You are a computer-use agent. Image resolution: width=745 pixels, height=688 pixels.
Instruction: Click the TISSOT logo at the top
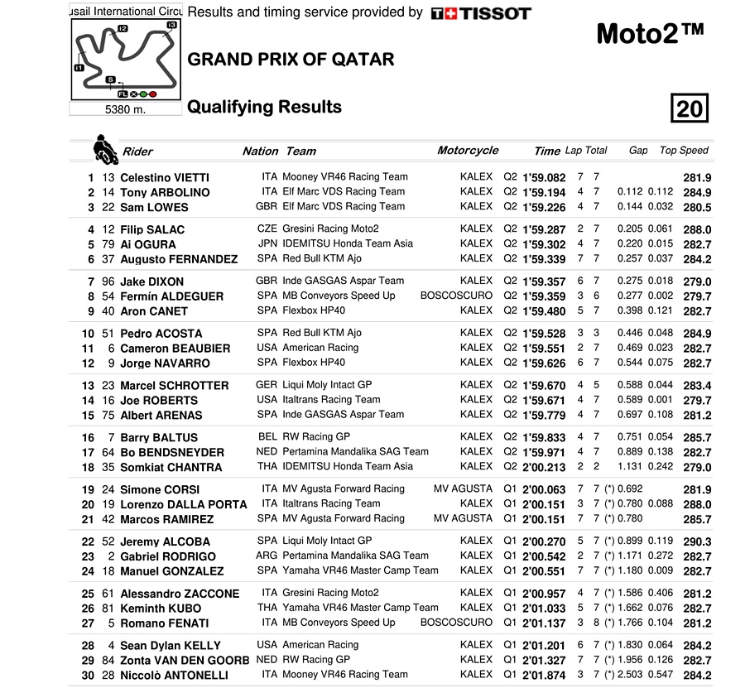[x=481, y=13]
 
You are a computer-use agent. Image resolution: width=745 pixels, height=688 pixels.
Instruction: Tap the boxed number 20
[x=689, y=108]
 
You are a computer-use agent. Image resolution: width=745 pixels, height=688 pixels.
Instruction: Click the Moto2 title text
[x=650, y=34]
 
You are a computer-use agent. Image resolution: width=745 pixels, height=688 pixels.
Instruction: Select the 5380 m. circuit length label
[x=125, y=109]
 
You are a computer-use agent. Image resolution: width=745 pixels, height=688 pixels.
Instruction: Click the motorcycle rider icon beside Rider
[x=104, y=149]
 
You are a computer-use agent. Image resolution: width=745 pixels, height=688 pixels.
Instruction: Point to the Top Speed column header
[x=684, y=151]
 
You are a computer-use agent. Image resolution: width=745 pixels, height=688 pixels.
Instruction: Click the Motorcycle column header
[x=468, y=151]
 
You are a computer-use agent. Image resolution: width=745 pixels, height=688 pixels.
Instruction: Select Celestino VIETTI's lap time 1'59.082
[x=544, y=177]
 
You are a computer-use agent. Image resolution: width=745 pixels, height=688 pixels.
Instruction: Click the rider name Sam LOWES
[x=154, y=207]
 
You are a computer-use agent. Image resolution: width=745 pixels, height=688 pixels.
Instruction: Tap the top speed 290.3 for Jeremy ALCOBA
[x=697, y=541]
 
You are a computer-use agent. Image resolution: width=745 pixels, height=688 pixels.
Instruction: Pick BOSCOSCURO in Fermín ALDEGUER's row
[x=456, y=296]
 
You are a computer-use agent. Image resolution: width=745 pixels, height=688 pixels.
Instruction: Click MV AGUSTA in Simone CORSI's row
[x=463, y=488]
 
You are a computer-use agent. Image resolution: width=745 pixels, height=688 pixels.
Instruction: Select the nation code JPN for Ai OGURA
[x=267, y=244]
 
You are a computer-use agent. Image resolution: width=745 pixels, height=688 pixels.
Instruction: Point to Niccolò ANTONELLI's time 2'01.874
[x=544, y=675]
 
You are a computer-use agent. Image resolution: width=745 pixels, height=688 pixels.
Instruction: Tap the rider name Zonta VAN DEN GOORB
[x=184, y=660]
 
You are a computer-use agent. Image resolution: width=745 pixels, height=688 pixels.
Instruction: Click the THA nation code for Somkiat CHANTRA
[x=267, y=466]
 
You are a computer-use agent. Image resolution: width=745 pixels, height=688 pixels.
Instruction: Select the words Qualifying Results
[x=264, y=107]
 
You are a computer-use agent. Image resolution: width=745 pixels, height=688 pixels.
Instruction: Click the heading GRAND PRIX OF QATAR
[x=291, y=60]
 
